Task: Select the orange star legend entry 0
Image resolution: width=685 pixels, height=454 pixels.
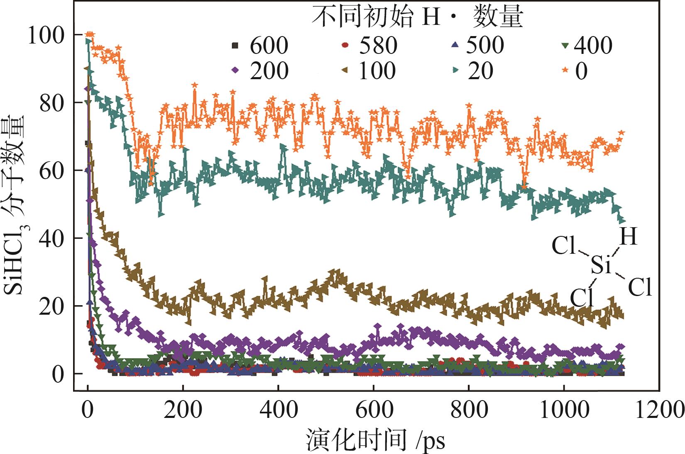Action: click(575, 70)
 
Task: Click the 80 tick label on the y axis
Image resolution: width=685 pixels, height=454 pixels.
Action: click(51, 103)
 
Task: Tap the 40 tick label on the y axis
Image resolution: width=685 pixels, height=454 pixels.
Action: click(51, 238)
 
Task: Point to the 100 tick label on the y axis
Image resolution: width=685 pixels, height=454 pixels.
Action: click(46, 35)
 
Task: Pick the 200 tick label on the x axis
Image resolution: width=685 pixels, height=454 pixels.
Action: click(183, 410)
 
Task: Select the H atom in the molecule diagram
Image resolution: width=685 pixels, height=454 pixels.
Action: click(628, 237)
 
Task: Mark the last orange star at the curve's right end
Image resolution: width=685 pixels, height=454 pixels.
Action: click(621, 133)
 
